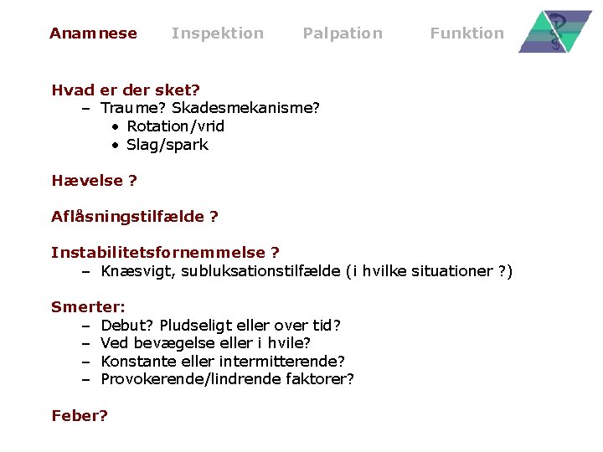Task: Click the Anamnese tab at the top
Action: [x=93, y=33]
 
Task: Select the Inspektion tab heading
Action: [x=217, y=33]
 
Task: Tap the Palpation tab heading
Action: [x=342, y=33]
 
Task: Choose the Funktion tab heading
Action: [x=466, y=33]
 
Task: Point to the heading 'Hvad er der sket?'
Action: [x=126, y=90]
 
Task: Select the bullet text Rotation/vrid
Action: [x=175, y=126]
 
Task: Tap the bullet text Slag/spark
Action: [x=167, y=145]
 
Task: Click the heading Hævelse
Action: [x=88, y=180]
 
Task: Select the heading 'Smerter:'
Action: [x=88, y=306]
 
